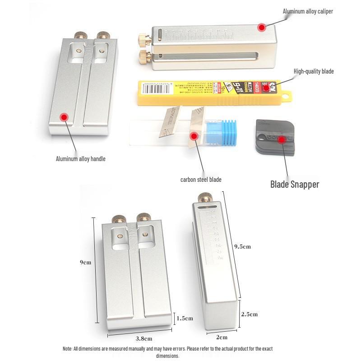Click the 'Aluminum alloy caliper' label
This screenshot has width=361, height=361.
click(x=308, y=11)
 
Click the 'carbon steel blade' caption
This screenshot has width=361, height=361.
click(x=201, y=180)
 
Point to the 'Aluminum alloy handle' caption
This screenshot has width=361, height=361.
click(x=80, y=159)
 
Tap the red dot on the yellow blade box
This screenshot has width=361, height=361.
click(x=267, y=89)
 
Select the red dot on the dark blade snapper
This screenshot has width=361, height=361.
click(x=282, y=139)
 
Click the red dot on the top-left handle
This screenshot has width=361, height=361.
click(x=64, y=117)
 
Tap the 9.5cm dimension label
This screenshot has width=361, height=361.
click(x=242, y=246)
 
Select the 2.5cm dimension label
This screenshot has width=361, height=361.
click(x=249, y=314)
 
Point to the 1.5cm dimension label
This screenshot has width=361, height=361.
click(x=185, y=318)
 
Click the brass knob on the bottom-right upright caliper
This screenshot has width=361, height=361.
click(x=206, y=197)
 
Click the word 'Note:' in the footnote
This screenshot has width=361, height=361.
click(x=67, y=349)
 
